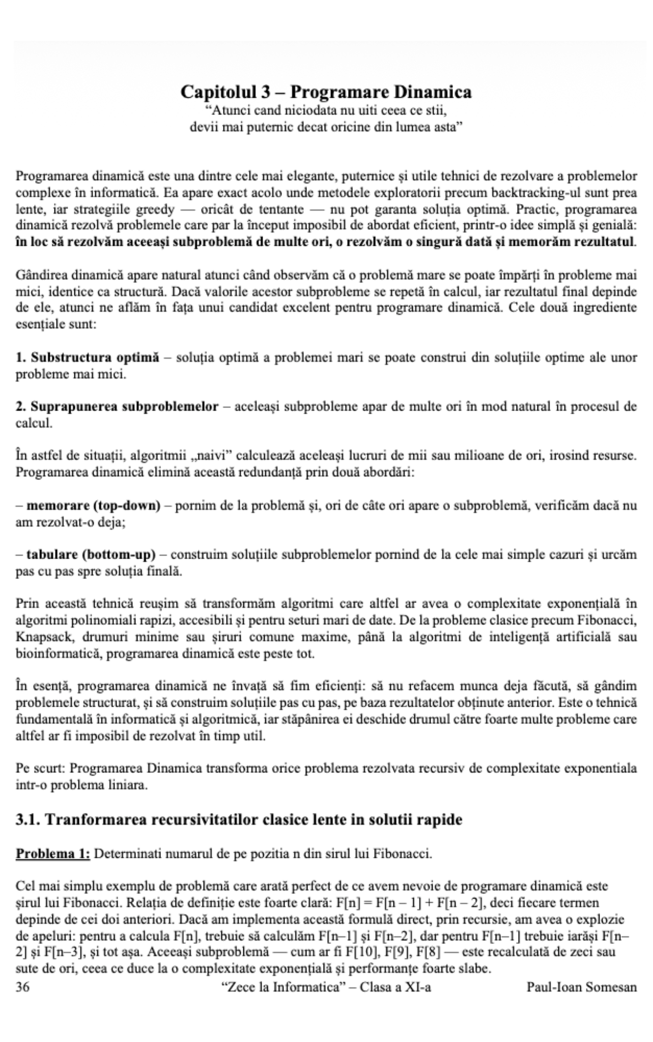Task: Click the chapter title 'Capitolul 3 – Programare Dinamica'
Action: [326, 92]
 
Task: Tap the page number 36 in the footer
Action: [23, 987]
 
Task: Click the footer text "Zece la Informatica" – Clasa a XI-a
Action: [327, 987]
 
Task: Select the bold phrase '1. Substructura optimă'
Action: [87, 358]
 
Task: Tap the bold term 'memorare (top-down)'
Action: [94, 506]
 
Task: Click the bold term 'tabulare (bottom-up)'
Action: [91, 555]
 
